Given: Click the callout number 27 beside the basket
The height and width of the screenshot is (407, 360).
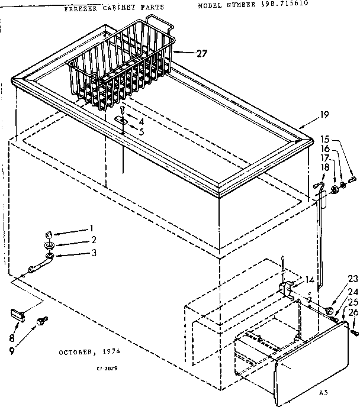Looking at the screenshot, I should (x=202, y=53).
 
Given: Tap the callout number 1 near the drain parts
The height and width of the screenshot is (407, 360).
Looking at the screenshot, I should (x=92, y=228).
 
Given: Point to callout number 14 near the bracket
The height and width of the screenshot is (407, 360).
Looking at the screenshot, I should (x=310, y=280).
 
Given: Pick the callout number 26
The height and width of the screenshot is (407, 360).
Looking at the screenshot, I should (x=353, y=313).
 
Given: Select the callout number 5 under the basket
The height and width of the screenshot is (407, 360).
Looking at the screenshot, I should (x=140, y=131).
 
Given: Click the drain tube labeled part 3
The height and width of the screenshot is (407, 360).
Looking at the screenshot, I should (x=37, y=264).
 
